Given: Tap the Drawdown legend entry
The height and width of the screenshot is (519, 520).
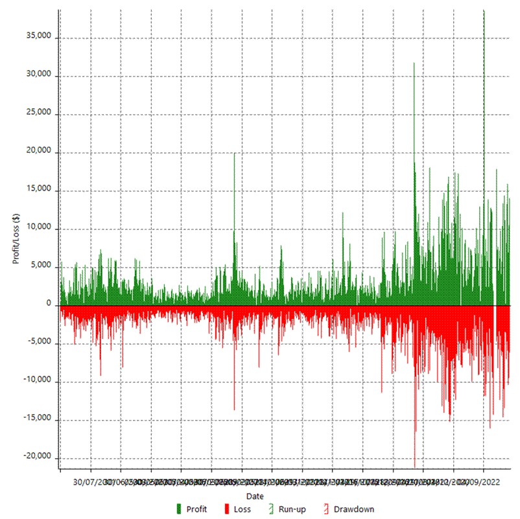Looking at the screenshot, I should (348, 509).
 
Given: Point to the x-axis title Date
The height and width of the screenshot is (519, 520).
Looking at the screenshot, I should (255, 496).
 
